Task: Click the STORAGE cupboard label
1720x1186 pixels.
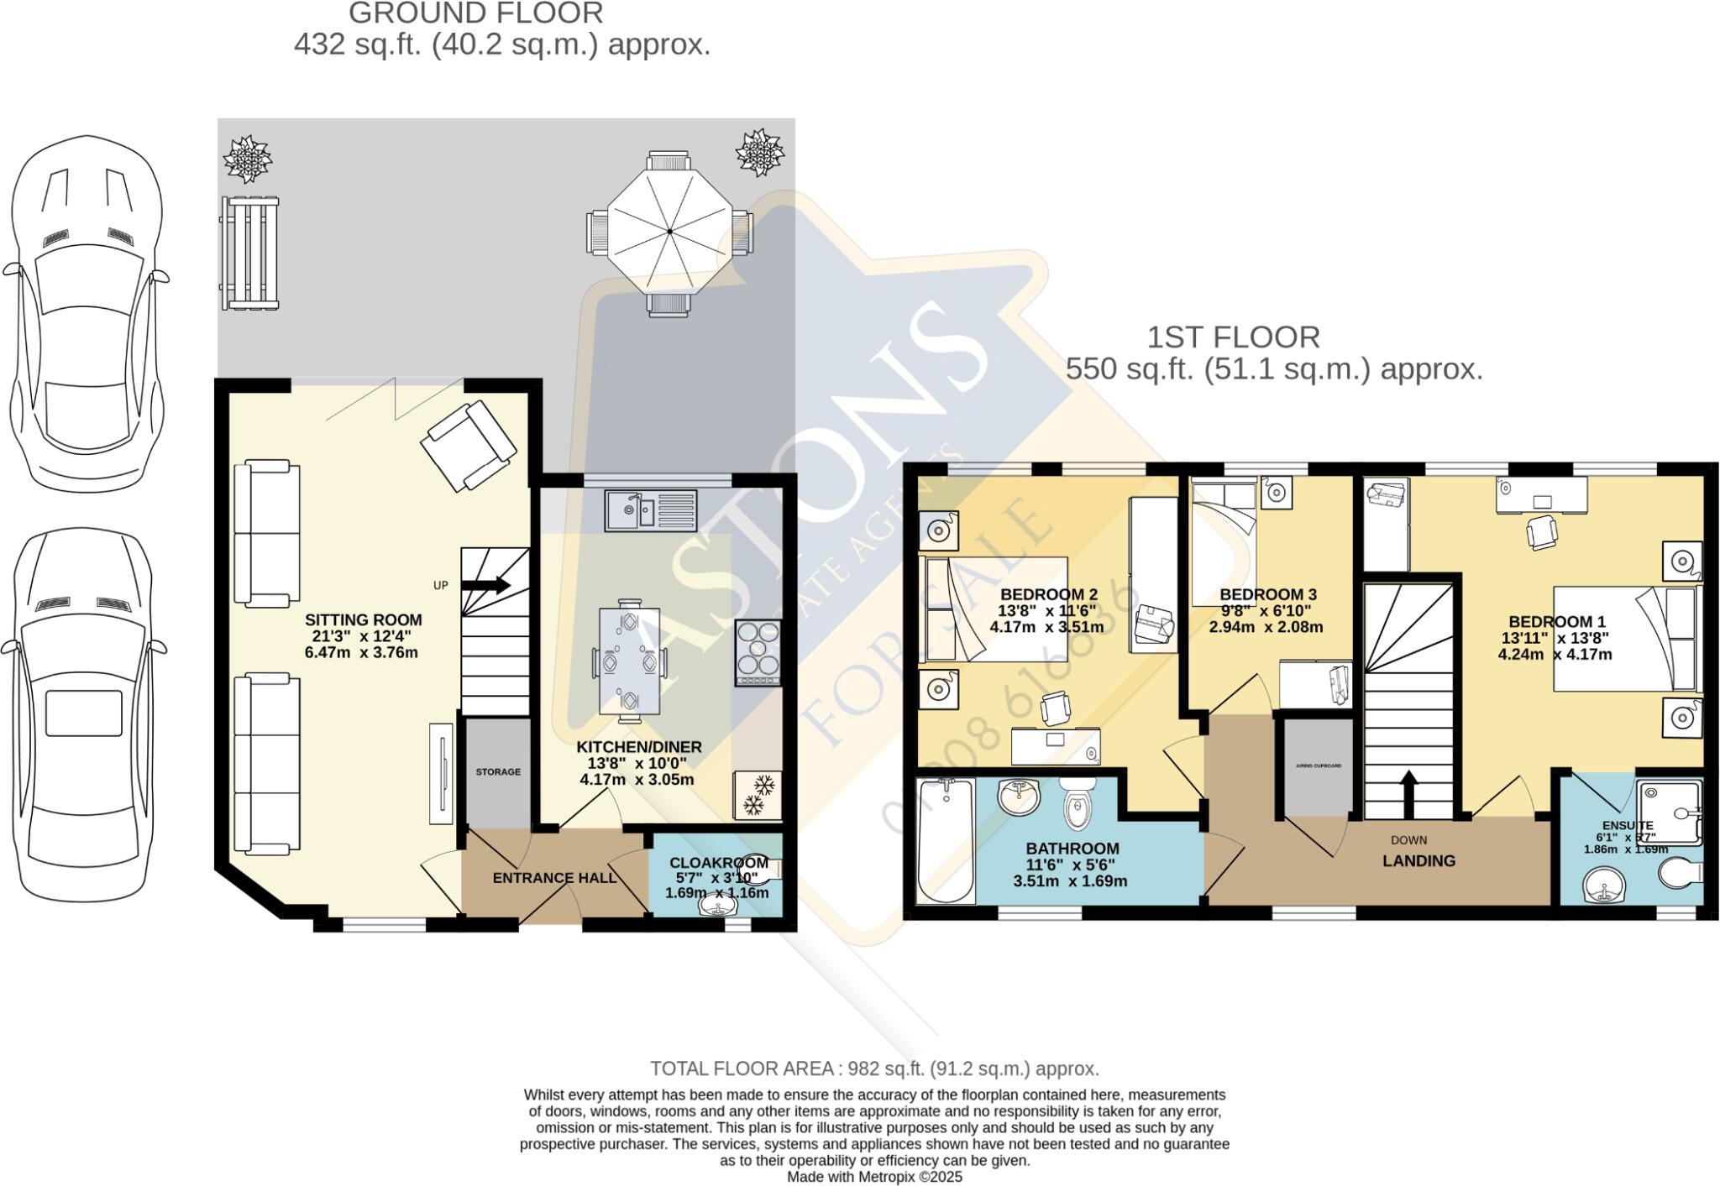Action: [498, 771]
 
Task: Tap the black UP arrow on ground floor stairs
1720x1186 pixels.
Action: [486, 585]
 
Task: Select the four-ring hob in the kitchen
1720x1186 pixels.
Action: [758, 654]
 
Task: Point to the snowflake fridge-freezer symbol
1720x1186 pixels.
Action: [758, 796]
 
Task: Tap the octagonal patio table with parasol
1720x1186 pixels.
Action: [669, 230]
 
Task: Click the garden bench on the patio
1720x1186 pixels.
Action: [249, 253]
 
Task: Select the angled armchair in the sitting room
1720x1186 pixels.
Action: [469, 446]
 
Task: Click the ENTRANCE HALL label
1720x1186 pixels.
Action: [554, 878]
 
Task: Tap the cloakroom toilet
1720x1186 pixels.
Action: [761, 870]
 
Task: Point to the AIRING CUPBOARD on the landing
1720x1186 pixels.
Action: [1318, 766]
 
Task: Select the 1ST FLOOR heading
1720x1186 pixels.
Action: [1233, 337]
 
